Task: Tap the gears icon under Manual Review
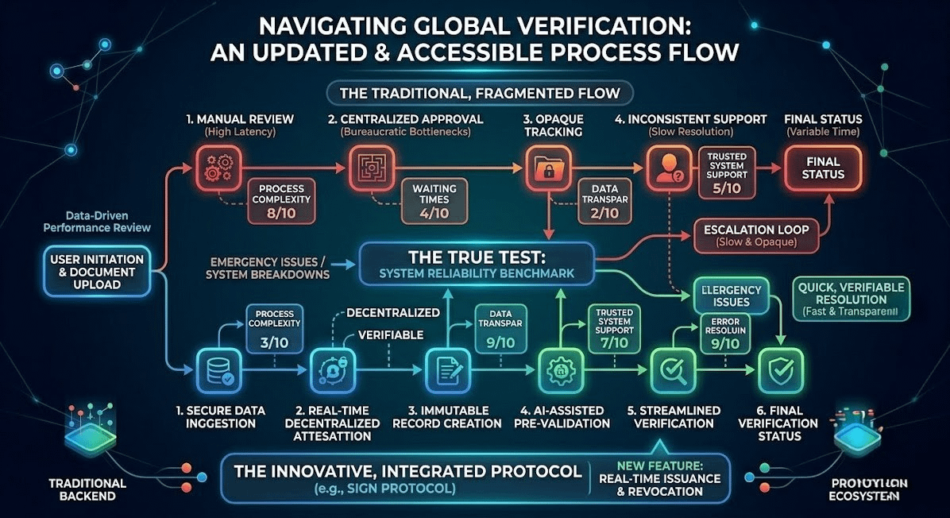click(x=217, y=167)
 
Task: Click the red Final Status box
click(x=822, y=168)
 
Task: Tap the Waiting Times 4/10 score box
click(x=434, y=201)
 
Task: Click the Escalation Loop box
click(x=755, y=234)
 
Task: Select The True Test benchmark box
click(x=477, y=265)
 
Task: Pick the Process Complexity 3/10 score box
click(x=275, y=329)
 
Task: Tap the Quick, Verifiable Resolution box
click(x=849, y=300)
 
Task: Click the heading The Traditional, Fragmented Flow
click(x=479, y=93)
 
